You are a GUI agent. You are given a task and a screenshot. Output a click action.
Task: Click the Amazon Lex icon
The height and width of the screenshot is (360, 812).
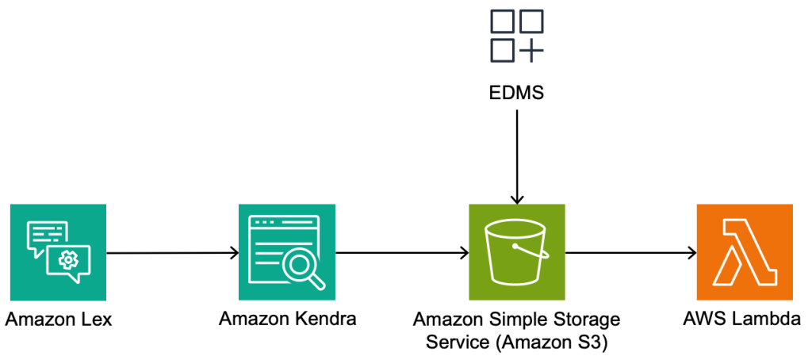58,252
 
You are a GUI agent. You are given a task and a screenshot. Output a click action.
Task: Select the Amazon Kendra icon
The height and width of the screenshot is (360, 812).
286,252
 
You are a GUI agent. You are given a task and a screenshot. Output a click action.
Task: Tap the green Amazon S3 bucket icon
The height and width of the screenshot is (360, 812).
516,252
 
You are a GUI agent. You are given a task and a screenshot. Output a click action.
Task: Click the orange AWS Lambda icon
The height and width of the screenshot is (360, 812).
744,252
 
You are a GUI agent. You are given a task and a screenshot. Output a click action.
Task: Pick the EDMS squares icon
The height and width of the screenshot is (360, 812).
516,36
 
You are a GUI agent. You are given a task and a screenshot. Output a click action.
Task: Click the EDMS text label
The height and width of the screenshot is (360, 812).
516,94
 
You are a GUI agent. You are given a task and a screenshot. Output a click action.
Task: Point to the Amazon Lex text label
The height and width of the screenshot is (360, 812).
59,320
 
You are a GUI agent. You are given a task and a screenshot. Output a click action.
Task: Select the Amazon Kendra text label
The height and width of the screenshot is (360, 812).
287,320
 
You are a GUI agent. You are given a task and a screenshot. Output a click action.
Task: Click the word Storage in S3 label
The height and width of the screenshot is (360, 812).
589,320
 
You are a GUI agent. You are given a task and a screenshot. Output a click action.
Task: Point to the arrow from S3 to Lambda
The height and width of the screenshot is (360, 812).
630,253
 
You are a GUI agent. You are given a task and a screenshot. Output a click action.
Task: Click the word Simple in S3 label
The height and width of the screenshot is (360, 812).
529,320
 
